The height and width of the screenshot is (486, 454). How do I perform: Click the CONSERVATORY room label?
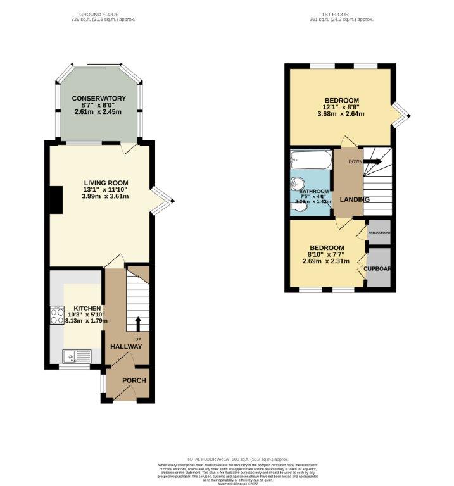tap(98, 98)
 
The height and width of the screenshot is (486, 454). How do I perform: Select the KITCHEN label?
tap(79, 308)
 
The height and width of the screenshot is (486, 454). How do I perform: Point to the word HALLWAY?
tap(126, 347)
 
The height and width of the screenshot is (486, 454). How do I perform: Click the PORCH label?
tap(134, 380)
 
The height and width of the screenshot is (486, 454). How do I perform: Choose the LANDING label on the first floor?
tap(355, 200)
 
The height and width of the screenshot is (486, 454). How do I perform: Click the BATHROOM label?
tap(314, 192)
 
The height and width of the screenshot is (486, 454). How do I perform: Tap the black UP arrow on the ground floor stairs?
tap(137, 324)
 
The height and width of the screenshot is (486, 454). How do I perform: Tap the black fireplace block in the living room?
tap(56, 199)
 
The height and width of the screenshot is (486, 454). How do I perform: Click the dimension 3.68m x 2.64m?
tap(342, 115)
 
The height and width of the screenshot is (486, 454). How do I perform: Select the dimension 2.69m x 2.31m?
tap(327, 261)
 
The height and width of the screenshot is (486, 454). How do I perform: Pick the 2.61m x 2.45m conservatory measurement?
tap(98, 112)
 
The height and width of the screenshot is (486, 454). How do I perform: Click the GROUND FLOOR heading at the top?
tap(98, 14)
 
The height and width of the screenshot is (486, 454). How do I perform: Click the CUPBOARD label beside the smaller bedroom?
tap(377, 268)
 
